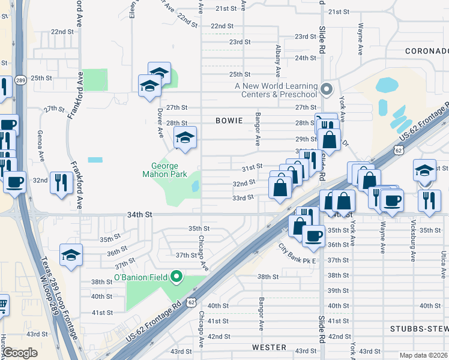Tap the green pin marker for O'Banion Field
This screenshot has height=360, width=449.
176,277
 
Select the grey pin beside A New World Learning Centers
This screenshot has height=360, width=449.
327,90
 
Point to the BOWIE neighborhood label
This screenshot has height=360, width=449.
229,121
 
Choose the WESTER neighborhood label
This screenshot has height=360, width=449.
269,347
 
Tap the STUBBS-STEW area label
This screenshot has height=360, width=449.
418,329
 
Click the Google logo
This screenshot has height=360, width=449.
20,353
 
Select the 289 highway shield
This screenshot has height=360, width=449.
20,80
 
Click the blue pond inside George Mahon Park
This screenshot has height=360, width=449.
195,187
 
